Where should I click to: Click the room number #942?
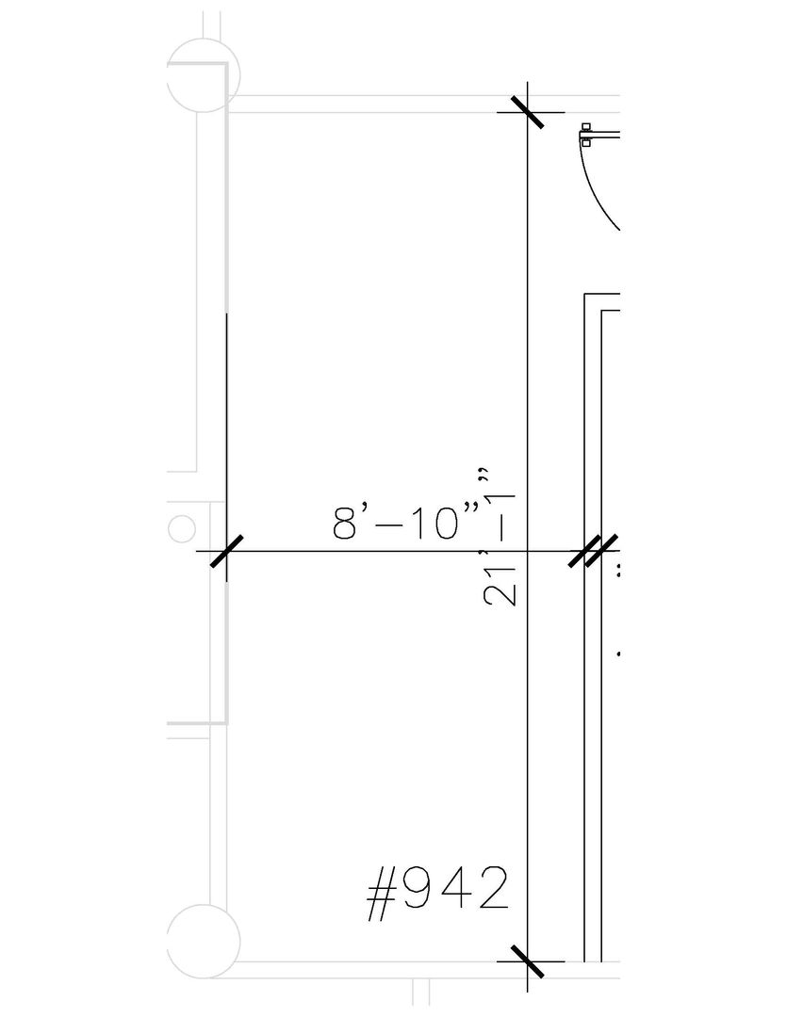pos(437,894)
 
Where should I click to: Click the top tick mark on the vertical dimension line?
pos(527,112)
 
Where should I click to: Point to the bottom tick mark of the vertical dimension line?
pos(527,961)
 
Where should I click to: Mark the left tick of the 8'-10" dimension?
pos(226,551)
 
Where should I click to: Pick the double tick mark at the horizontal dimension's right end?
pos(592,551)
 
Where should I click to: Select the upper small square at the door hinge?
pos(586,126)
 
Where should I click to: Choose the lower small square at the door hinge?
pos(586,143)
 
